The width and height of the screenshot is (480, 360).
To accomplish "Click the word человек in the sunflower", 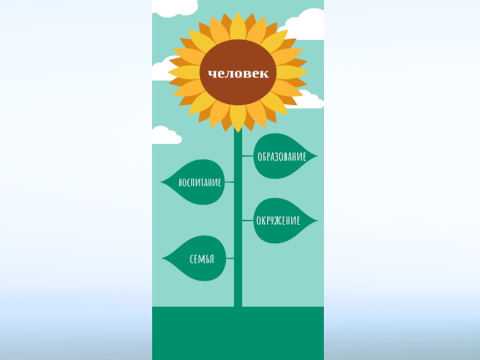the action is pyautogui.click(x=238, y=74).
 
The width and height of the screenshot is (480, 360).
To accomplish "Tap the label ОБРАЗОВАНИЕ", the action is pyautogui.click(x=281, y=157).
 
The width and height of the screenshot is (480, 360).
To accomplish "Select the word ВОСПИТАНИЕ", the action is pyautogui.click(x=200, y=182).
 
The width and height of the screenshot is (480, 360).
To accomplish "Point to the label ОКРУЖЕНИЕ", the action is pyautogui.click(x=278, y=221).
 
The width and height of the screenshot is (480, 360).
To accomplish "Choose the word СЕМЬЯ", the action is pyautogui.click(x=202, y=259).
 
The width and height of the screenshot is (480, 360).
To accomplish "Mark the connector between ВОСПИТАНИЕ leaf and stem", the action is pyautogui.click(x=229, y=182).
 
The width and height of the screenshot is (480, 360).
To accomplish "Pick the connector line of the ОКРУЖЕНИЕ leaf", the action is pyautogui.click(x=248, y=221).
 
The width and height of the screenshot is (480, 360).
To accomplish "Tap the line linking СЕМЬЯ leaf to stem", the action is pyautogui.click(x=229, y=259).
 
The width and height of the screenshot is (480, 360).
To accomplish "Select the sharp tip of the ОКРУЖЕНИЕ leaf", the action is pyautogui.click(x=316, y=221).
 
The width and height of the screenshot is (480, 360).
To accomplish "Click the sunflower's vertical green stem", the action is pyautogui.click(x=238, y=282).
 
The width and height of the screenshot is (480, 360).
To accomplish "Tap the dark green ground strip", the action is pyautogui.click(x=238, y=333).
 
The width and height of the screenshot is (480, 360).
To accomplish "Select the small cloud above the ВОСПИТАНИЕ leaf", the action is pyautogui.click(x=165, y=136).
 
